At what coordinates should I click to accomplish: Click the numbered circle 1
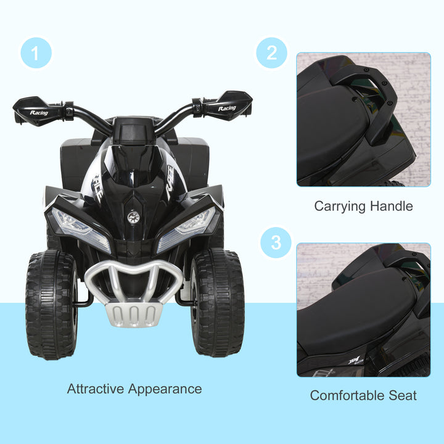tap(35, 54)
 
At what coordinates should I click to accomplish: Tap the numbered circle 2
tap(272, 53)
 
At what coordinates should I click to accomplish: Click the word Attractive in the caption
tap(96, 389)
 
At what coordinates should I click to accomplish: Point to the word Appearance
tap(165, 390)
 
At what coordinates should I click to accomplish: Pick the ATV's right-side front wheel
tap(217, 303)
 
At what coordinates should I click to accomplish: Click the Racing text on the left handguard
tap(38, 113)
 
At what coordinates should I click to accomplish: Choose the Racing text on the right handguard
tap(226, 109)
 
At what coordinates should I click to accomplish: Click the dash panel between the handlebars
tap(133, 131)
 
